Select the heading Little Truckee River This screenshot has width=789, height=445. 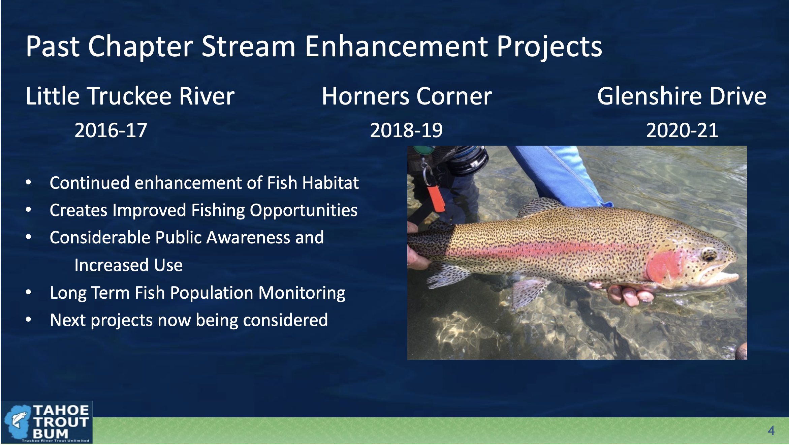130,96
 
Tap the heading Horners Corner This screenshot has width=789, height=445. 407,96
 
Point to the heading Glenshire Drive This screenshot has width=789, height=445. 682,96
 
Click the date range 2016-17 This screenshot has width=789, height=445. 111,130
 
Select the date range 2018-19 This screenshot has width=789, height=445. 406,130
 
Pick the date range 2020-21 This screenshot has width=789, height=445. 682,130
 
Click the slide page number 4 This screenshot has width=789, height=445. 771,431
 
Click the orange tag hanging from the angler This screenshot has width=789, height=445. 437,199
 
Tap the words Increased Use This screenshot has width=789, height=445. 128,265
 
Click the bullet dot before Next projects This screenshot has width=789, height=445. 29,320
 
